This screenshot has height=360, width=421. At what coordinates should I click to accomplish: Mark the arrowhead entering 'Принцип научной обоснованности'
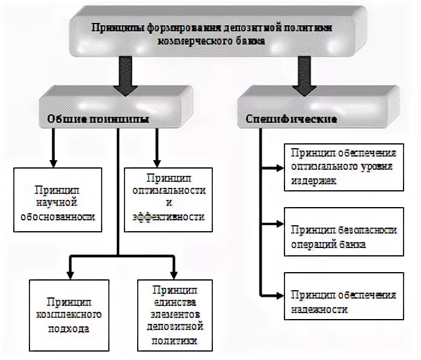53,163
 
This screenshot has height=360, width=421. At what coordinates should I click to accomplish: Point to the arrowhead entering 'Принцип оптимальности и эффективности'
156,163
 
